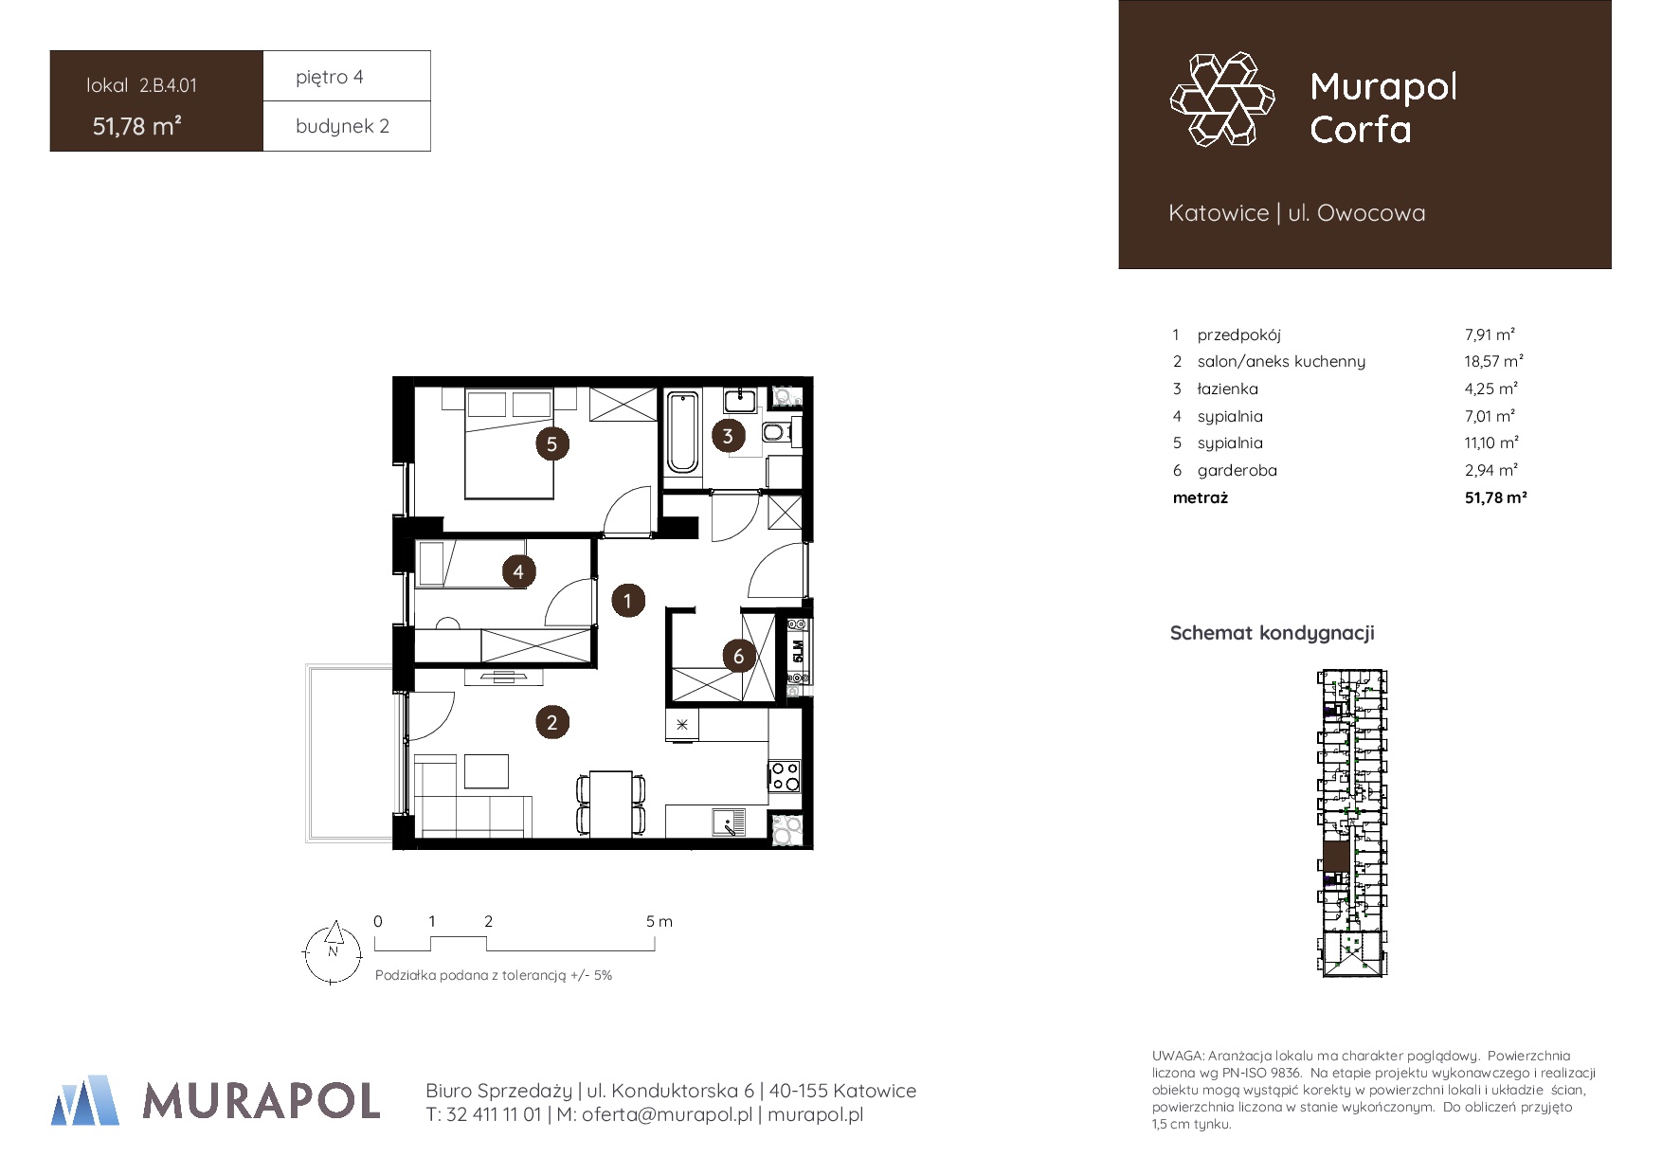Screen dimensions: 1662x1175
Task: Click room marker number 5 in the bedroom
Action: click(x=551, y=443)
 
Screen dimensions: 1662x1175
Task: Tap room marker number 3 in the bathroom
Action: click(x=728, y=436)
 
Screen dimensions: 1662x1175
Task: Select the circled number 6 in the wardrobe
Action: click(x=739, y=656)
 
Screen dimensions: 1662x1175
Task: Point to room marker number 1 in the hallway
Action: click(x=627, y=601)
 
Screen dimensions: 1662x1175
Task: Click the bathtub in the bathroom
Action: click(x=682, y=432)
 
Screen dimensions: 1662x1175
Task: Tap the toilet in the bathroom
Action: click(x=776, y=434)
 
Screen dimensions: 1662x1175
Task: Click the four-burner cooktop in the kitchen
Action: click(x=785, y=776)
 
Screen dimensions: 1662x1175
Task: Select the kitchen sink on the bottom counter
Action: click(x=729, y=822)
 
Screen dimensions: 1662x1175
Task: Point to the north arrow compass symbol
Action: click(x=333, y=952)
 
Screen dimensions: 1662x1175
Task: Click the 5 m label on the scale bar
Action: click(x=659, y=921)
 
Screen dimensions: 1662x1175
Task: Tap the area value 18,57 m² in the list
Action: click(x=1493, y=361)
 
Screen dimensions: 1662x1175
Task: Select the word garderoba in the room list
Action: click(x=1237, y=470)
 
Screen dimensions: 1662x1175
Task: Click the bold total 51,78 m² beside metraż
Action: click(x=1495, y=497)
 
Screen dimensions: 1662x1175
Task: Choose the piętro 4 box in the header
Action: click(x=347, y=76)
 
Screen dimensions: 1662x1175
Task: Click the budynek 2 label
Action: click(x=342, y=126)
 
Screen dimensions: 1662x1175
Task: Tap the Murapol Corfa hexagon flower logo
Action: click(x=1222, y=99)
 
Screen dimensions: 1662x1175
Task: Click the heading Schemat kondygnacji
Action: click(x=1272, y=633)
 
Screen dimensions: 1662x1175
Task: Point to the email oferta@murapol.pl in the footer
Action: click(x=667, y=1114)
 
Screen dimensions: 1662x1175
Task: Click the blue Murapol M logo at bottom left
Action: click(x=85, y=1100)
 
